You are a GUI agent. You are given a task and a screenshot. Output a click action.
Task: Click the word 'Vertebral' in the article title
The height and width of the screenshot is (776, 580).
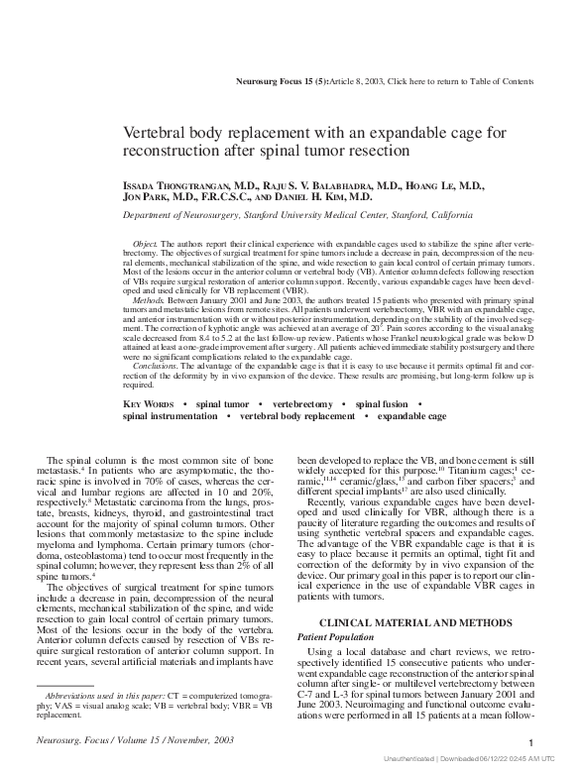154,133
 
